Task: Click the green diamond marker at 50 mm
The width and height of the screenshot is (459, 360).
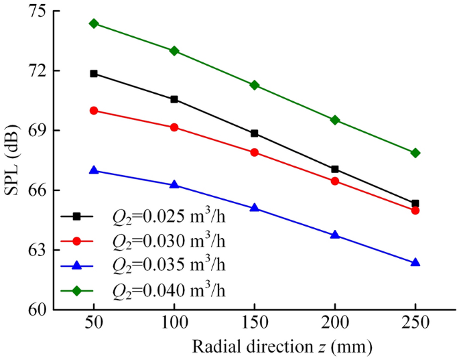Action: (94, 23)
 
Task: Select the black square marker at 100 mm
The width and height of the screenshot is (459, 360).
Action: (174, 99)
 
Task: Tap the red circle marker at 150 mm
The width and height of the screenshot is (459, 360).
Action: (255, 152)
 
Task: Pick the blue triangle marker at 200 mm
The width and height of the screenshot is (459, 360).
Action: (335, 235)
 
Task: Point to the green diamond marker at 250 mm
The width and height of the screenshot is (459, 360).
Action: (415, 153)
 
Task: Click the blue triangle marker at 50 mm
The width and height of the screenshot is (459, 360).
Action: (94, 170)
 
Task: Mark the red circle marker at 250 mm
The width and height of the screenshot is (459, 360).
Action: (415, 210)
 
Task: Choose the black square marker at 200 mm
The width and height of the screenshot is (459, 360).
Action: (335, 169)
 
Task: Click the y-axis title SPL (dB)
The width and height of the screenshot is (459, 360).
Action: (13, 160)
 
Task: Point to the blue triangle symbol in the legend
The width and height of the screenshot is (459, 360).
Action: (77, 265)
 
